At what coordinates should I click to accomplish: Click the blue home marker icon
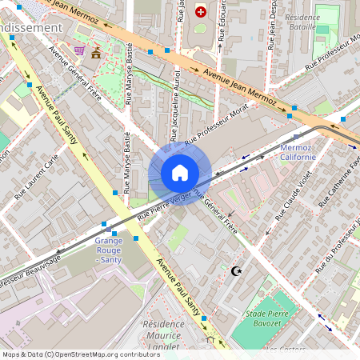point(180,173)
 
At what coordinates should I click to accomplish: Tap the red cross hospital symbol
point(200,12)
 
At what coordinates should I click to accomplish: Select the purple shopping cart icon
point(79,50)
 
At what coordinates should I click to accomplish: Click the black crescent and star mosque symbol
point(235,271)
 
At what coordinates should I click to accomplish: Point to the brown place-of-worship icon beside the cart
point(97,53)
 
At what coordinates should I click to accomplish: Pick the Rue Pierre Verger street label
point(164,206)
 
